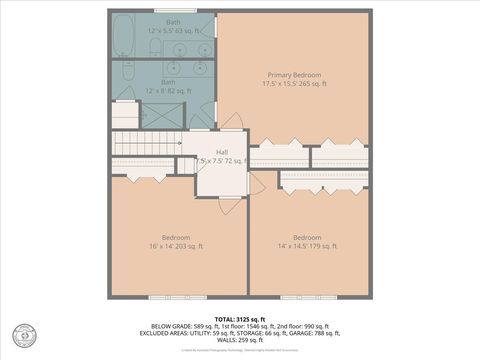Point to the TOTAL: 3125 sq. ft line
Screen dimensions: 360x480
pyautogui.click(x=240, y=318)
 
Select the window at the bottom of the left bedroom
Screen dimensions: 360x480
pyautogui.click(x=175, y=297)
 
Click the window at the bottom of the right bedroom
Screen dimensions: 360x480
pyautogui.click(x=307, y=297)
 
